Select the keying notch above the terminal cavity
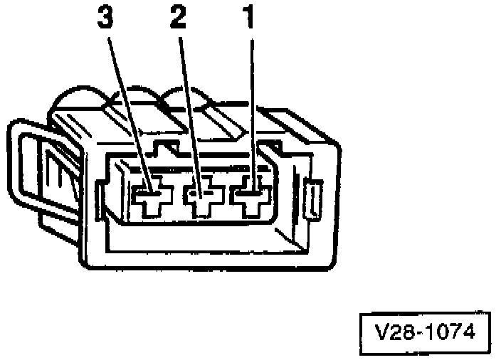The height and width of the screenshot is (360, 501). [x=167, y=149]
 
